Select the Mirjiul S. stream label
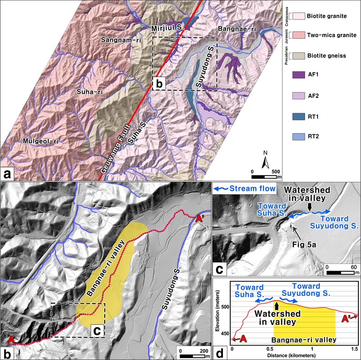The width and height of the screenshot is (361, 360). tap(168, 28)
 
